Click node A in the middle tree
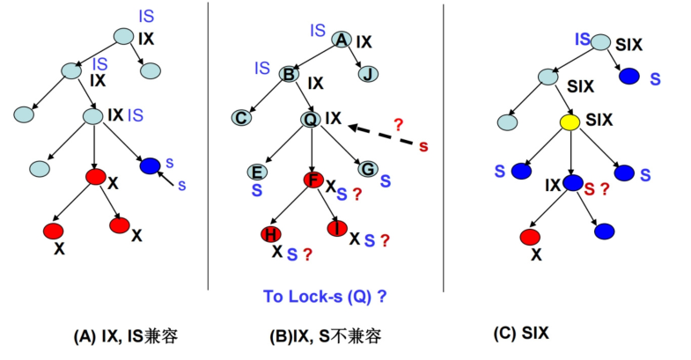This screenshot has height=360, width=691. click(342, 40)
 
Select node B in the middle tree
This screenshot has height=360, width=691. click(289, 74)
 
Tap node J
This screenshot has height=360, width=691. click(368, 74)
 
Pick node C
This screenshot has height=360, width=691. click(241, 118)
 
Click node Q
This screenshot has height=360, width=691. click(310, 119)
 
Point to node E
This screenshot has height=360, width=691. click(257, 172)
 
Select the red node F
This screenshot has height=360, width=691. click(313, 180)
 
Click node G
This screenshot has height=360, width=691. click(368, 169)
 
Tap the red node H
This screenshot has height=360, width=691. click(270, 234)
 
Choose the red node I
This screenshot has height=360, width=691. click(337, 228)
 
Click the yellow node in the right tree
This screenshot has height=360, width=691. click(570, 122)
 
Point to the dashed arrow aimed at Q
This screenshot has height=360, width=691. click(381, 136)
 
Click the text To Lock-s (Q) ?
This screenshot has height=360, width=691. click(325, 297)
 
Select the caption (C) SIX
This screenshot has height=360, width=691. click(521, 333)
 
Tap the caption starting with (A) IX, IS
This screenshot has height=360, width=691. click(126, 336)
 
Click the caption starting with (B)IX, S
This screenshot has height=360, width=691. click(325, 336)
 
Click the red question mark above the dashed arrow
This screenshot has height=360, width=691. click(398, 125)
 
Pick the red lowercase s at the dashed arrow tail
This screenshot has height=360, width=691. click(423, 146)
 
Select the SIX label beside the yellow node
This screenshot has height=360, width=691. click(599, 120)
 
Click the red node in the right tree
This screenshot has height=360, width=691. click(530, 237)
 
